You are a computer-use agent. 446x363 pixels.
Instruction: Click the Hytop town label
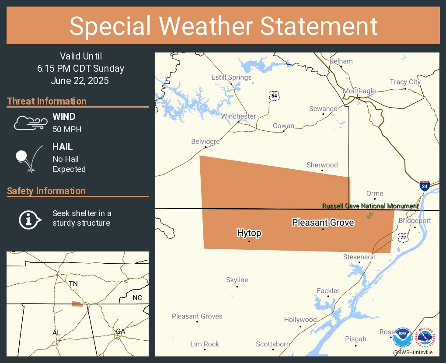[x=249, y=233]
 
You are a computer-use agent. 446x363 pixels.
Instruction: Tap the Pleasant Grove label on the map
[x=323, y=223]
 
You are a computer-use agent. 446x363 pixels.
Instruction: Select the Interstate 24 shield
[x=424, y=185]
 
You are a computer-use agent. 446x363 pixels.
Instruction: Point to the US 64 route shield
[x=274, y=96]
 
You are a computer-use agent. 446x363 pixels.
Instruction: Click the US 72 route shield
[x=403, y=237]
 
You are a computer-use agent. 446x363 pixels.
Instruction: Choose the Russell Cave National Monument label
[x=370, y=206]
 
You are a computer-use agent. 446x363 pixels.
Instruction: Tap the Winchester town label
[x=238, y=116]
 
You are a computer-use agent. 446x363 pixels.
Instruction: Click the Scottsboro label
[x=273, y=344]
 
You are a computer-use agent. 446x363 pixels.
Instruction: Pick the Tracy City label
[x=405, y=82]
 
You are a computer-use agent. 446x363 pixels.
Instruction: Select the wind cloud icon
[x=30, y=123]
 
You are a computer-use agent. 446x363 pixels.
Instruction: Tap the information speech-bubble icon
[x=30, y=219]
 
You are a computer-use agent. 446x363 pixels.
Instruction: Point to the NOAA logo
[x=402, y=338]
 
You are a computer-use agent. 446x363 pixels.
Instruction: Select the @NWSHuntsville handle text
[x=413, y=352]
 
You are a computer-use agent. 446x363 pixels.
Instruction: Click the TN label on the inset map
[x=73, y=284]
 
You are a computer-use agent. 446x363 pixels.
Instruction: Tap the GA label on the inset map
[x=120, y=332]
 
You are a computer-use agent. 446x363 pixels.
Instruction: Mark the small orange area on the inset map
[x=77, y=304]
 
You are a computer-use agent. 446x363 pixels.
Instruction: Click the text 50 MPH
[x=67, y=129]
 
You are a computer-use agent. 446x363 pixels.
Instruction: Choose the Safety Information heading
[x=46, y=191]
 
